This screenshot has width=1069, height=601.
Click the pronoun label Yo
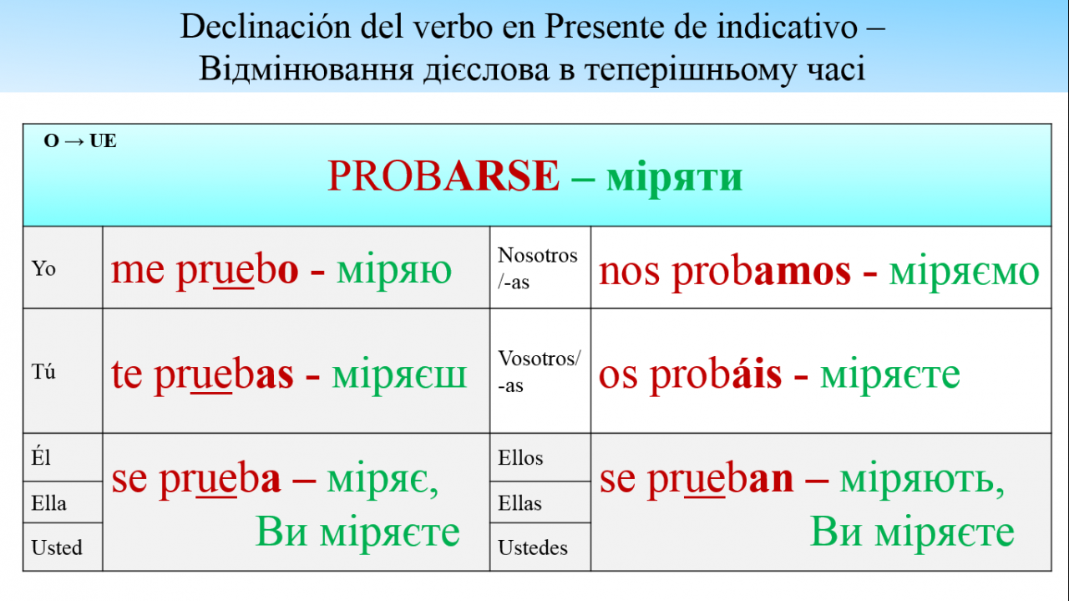coord(43,268)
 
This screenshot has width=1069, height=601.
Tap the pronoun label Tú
coord(43,371)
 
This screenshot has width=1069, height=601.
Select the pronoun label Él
coord(41,457)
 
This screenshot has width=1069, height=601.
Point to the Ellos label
coord(520,458)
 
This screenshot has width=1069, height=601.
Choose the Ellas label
coord(519,503)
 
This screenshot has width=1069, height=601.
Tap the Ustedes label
coord(533,548)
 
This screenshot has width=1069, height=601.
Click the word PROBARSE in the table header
coord(443,176)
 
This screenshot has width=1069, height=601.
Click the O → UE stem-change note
coord(79,141)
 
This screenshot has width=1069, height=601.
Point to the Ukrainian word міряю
coord(393,271)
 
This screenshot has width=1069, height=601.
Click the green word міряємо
coord(964,272)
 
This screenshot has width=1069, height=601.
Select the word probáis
coord(716,375)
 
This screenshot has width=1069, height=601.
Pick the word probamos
coord(761,271)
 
